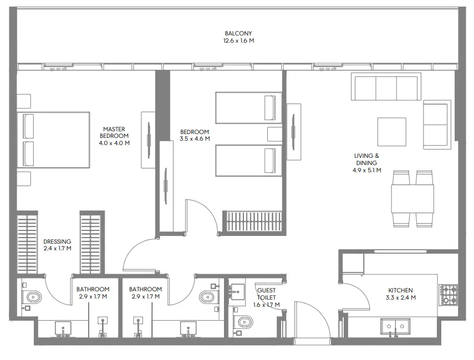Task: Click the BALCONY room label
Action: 238,33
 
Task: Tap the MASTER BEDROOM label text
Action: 114,132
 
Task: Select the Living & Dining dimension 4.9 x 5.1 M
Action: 366,171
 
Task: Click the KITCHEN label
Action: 400,290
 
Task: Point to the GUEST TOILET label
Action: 267,294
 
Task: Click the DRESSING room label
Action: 57,241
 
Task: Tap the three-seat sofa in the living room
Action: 386,88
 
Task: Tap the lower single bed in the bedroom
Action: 245,160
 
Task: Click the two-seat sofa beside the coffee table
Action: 435,125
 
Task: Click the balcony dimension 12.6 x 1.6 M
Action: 238,40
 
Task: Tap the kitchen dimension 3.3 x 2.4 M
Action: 400,298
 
